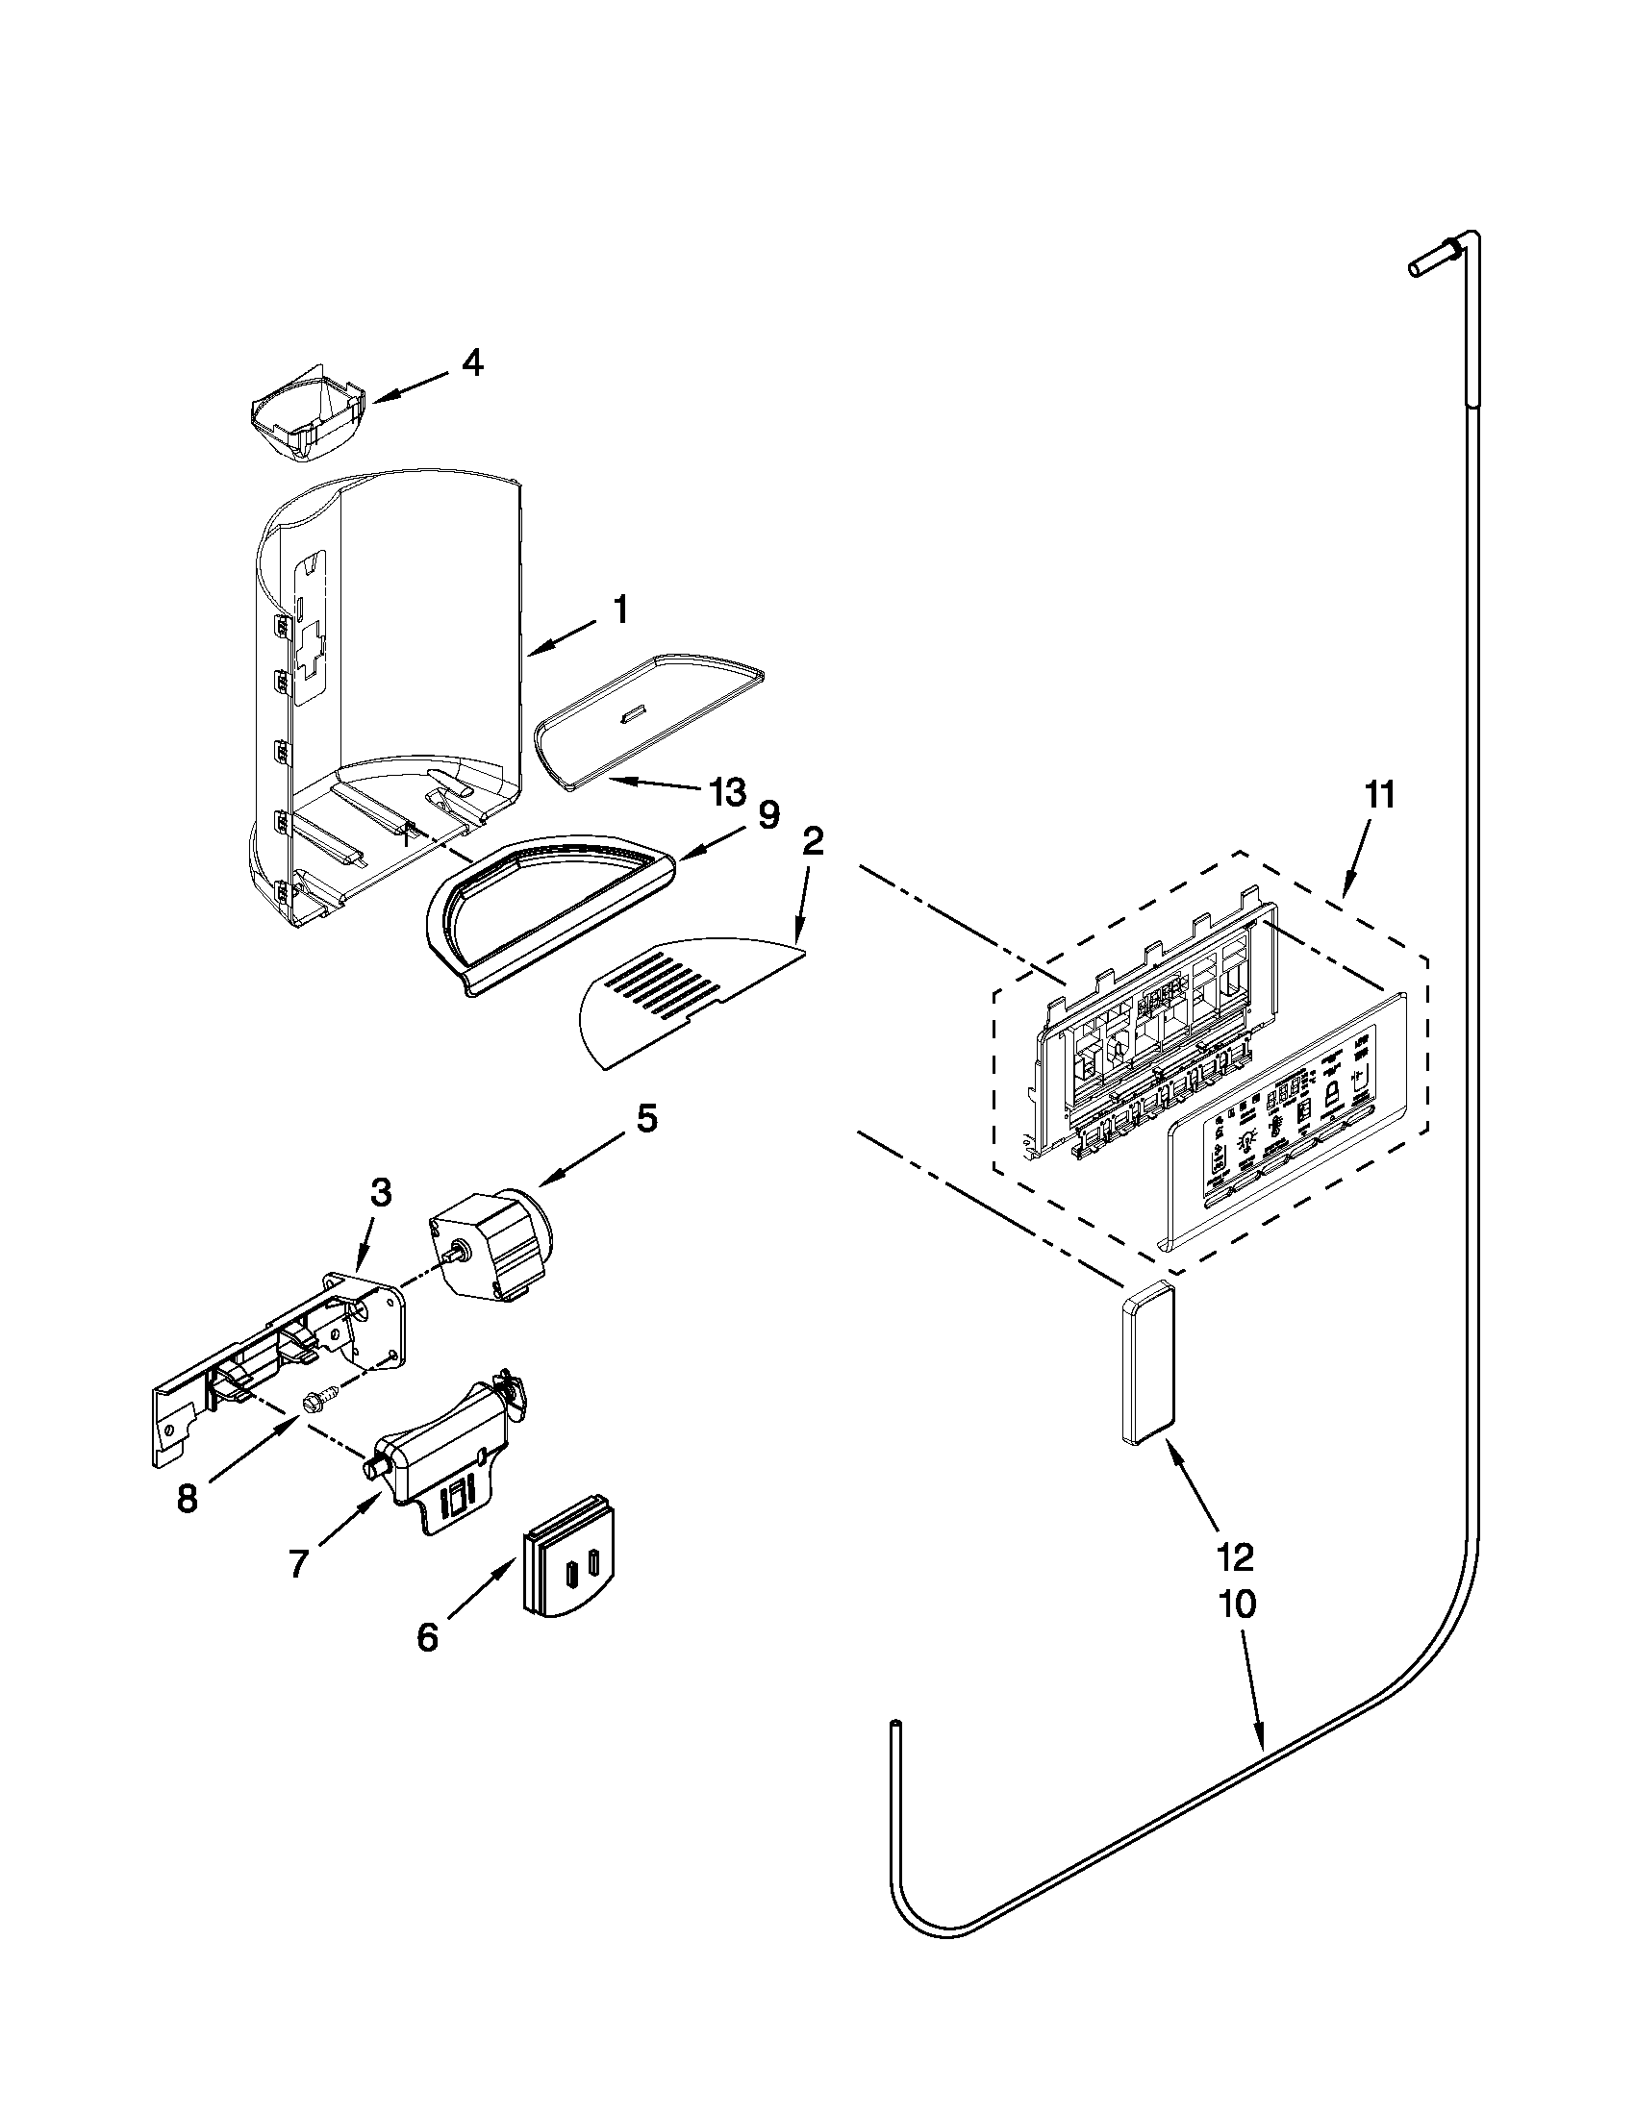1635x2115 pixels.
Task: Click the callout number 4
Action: [x=471, y=363]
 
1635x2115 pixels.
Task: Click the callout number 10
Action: [x=1238, y=1604]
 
